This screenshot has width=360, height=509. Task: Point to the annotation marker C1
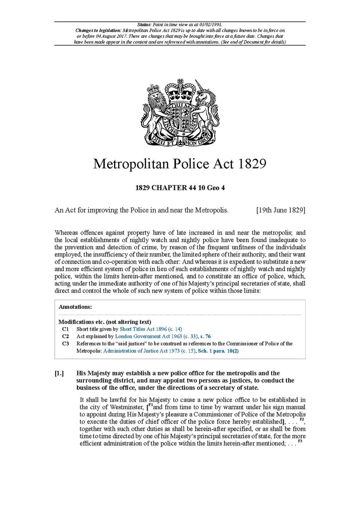point(65,329)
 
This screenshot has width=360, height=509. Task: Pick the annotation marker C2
point(65,336)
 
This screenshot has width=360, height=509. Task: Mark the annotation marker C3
point(65,343)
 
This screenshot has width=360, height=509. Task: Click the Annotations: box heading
point(75,306)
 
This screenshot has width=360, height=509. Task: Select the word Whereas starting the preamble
point(67,232)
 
